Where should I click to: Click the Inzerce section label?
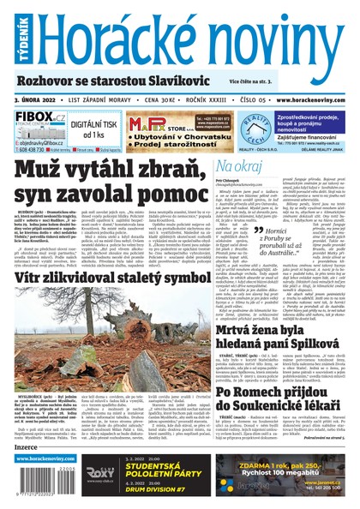(27, 447)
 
